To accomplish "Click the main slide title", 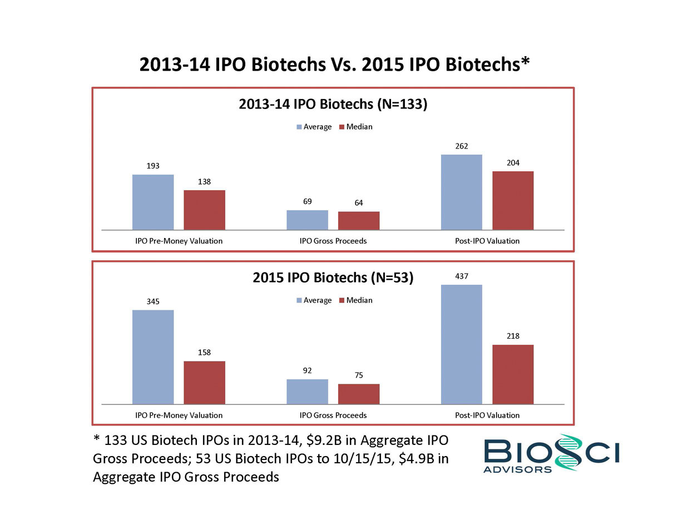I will click(334, 65).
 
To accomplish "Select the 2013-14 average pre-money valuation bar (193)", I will click(153, 202).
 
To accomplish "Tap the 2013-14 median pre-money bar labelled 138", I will click(204, 210).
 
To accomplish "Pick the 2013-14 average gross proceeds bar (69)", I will click(307, 220).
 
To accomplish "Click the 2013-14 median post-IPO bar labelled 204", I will click(513, 200).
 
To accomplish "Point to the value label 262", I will click(461, 146).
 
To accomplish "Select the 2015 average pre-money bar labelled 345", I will click(153, 356).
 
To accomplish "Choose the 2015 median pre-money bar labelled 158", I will click(204, 382).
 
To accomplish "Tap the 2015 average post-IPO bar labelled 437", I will click(461, 344).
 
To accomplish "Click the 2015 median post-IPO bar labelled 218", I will click(513, 374).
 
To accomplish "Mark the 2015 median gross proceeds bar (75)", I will click(359, 394).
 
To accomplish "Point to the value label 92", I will click(307, 370).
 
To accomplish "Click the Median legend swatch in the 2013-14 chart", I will click(342, 127).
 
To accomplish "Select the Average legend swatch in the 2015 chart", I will click(299, 300).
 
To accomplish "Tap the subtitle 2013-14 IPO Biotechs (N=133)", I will click(333, 105).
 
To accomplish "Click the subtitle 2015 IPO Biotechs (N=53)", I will click(333, 278).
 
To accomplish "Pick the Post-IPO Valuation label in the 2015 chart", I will click(487, 415).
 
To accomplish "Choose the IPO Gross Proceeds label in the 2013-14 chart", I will click(333, 241).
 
